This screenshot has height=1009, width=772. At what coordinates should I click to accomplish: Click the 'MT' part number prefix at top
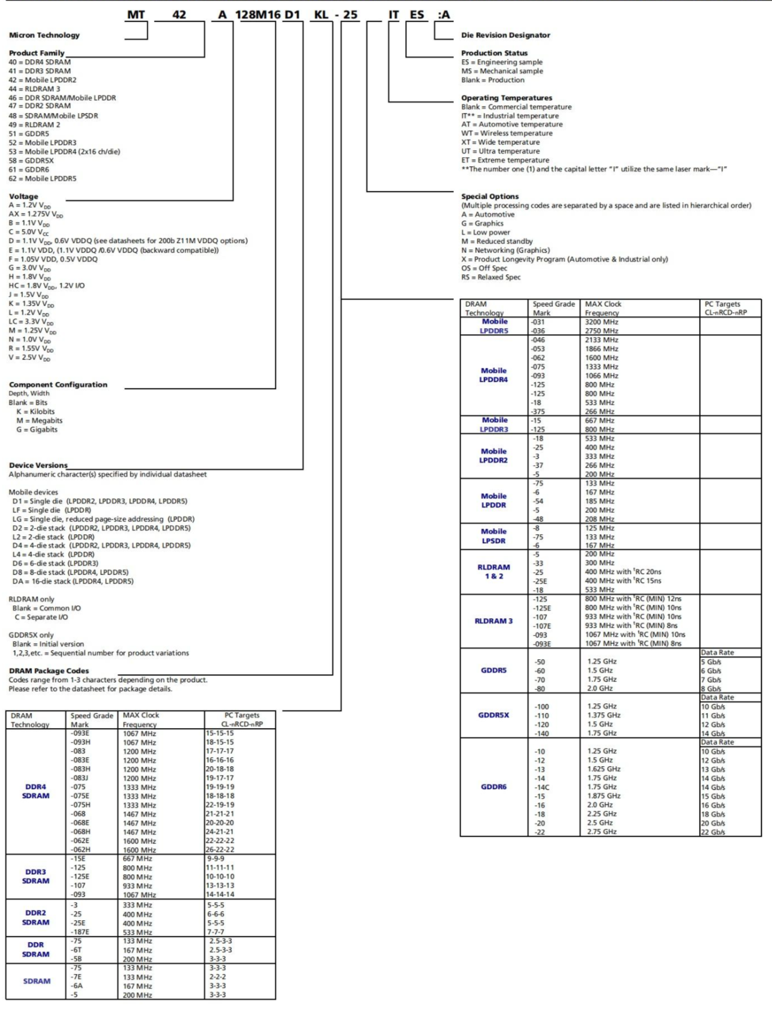click(x=136, y=15)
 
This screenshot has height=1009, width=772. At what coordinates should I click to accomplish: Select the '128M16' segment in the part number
click(x=260, y=15)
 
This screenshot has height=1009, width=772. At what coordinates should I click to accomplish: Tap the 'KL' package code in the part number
click(x=321, y=15)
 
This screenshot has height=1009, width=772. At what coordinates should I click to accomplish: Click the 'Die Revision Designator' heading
click(x=505, y=35)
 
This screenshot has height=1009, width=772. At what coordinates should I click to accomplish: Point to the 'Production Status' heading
click(x=494, y=53)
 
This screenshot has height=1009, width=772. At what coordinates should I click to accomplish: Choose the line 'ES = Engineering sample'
click(x=502, y=62)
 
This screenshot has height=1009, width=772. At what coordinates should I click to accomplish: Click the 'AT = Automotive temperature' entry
click(x=512, y=124)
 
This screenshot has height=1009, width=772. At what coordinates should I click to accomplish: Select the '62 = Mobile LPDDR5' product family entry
click(x=42, y=179)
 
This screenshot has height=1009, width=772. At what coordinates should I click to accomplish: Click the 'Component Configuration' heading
click(x=58, y=385)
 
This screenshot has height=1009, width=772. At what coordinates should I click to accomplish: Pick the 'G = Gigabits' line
click(x=37, y=430)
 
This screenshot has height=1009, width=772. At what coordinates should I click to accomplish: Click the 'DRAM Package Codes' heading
click(x=49, y=671)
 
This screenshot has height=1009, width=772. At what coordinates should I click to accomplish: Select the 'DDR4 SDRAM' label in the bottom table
click(x=36, y=791)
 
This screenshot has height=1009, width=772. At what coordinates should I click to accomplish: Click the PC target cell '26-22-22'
click(x=220, y=849)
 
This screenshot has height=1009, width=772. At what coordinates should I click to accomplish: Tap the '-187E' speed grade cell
click(x=80, y=932)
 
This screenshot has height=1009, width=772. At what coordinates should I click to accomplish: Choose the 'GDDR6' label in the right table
click(x=494, y=787)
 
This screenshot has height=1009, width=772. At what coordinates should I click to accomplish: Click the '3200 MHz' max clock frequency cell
click(x=601, y=322)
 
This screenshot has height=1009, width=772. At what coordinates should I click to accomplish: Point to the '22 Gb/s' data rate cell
click(x=712, y=832)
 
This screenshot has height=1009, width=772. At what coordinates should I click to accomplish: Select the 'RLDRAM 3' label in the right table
click(x=494, y=621)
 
